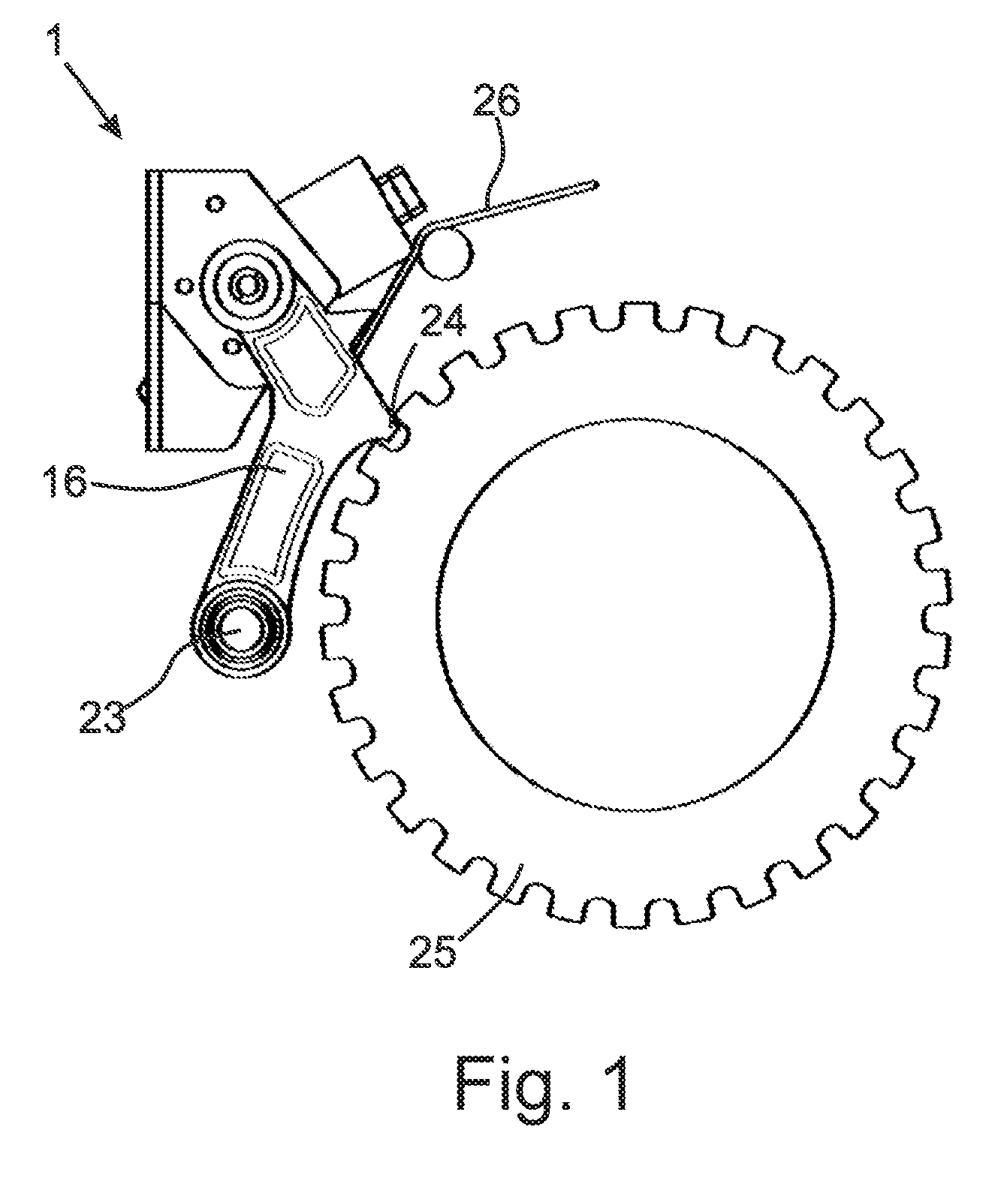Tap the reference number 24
[442, 320]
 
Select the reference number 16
[67, 482]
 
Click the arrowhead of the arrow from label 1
[113, 125]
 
